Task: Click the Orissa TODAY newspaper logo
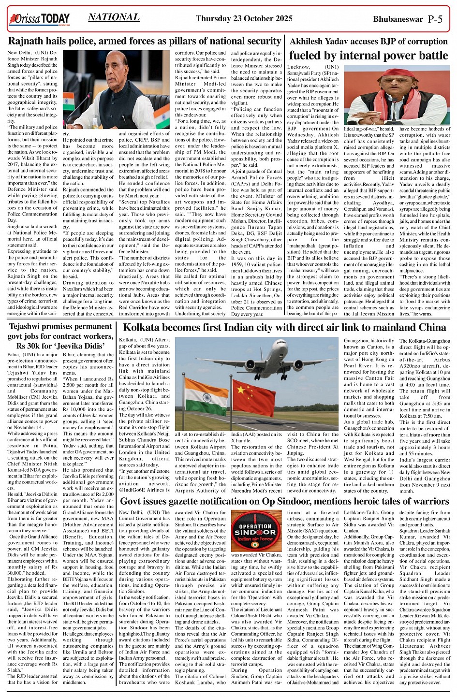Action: (39, 19)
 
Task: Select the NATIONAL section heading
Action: (114, 17)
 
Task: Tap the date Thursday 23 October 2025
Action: (244, 19)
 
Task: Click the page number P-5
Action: (435, 19)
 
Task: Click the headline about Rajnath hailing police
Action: (145, 41)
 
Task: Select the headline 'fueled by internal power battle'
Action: (369, 55)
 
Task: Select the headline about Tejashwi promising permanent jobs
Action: (60, 337)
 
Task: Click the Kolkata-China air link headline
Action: (284, 328)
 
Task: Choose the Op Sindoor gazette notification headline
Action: (284, 501)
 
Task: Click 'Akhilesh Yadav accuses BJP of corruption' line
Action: (368, 41)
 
